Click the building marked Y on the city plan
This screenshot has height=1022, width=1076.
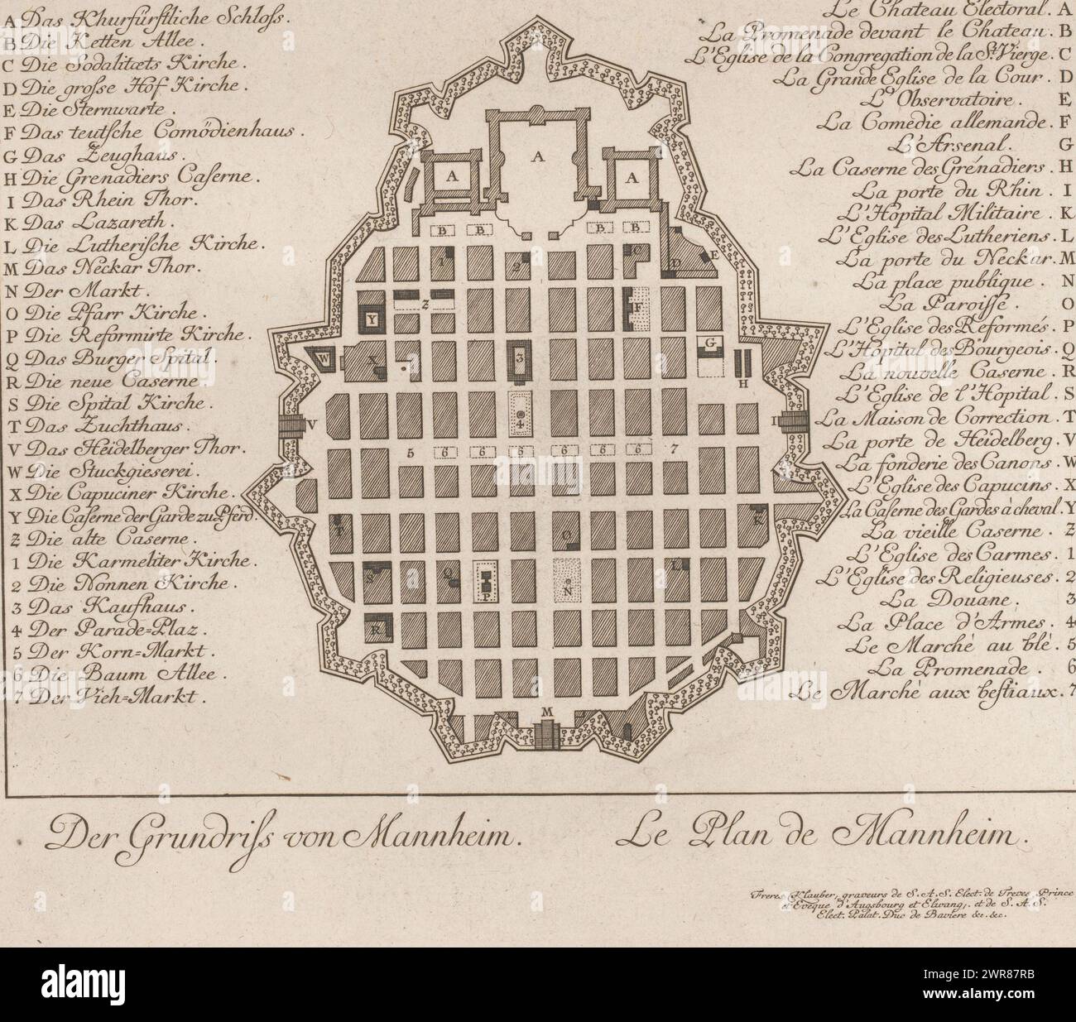[x=372, y=318]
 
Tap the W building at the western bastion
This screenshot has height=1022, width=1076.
[x=325, y=359]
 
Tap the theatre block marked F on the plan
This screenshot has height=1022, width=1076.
[x=640, y=309]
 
